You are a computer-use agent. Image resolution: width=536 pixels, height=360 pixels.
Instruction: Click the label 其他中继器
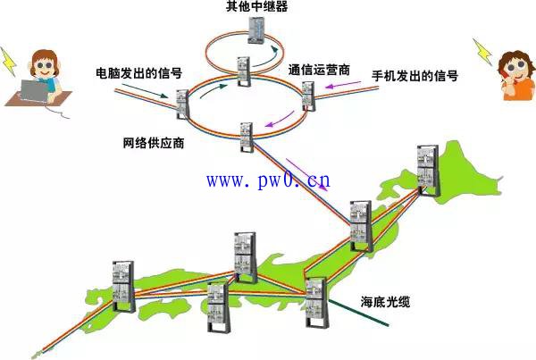pos(256,6)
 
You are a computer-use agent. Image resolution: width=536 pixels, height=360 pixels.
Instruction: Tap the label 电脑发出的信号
pos(138,73)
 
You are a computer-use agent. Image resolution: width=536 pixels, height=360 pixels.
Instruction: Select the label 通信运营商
pos(319,70)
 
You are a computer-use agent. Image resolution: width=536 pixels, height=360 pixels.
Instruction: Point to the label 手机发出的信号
pos(415,76)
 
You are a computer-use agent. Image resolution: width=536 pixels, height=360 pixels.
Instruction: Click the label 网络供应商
pos(154,143)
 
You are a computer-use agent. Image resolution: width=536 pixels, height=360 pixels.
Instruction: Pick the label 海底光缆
pos(385,302)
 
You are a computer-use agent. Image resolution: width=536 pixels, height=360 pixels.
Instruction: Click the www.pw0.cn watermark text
pos(268,180)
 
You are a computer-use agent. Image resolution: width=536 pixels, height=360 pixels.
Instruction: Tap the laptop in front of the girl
pos(34,91)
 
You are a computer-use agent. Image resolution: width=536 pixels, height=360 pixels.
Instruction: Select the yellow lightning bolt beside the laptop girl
pos(8,62)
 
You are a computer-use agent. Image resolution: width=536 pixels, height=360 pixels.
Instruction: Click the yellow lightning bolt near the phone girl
pos(482,52)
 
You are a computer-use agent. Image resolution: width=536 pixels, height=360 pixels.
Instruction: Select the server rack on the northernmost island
pos(428,171)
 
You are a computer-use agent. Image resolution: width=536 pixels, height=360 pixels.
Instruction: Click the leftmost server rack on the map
pos(123,287)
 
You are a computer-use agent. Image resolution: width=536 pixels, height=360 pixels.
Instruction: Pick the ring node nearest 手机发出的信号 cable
pos(308,96)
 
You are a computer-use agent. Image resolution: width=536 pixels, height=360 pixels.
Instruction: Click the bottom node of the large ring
pos(247,137)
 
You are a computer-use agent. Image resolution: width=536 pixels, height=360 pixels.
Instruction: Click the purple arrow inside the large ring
pos(280,119)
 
